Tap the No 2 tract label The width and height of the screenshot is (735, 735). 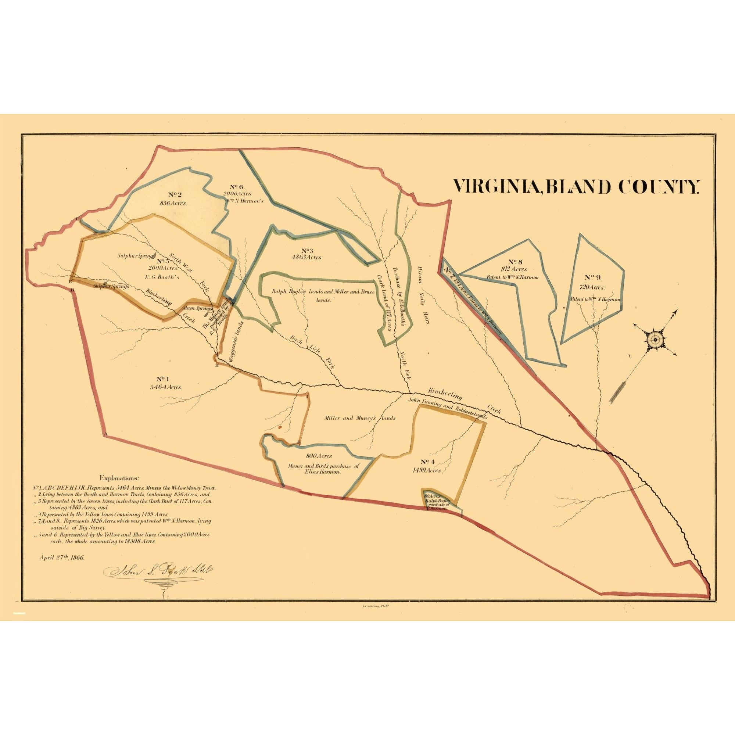point(175,195)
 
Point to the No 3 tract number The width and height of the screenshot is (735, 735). point(306,250)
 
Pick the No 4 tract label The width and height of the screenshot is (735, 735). point(428,462)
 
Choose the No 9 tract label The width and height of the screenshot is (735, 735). point(593,278)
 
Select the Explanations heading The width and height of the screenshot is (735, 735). point(119,478)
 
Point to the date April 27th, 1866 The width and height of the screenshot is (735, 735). point(62,558)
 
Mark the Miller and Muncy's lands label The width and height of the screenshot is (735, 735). point(360,418)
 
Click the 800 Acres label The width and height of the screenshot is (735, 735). point(319,455)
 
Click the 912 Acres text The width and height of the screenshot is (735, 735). point(514,269)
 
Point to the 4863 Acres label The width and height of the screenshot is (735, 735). point(306,257)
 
